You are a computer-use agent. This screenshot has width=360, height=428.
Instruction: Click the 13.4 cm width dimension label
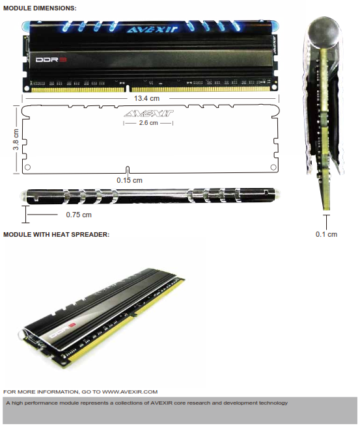coord(146,98)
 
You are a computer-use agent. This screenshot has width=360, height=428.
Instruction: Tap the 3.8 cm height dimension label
coord(16,139)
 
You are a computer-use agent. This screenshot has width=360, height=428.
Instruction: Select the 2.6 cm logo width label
coord(148,123)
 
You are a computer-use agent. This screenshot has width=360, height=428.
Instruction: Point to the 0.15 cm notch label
coord(130,180)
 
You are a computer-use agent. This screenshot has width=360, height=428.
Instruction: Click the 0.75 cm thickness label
coord(79,215)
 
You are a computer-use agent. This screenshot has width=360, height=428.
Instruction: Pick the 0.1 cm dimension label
coord(326,234)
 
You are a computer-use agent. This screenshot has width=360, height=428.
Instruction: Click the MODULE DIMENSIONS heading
coord(40,8)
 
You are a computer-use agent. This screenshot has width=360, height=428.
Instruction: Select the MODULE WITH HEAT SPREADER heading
coord(56,234)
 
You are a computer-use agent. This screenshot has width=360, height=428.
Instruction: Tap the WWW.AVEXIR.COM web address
coord(130,392)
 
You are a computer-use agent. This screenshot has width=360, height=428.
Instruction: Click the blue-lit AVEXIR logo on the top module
coord(152,29)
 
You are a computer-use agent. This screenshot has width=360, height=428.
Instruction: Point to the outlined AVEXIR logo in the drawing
coord(148,113)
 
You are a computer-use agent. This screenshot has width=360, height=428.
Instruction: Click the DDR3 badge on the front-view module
coord(51,59)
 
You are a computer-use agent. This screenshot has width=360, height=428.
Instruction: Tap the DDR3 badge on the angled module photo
coord(62,330)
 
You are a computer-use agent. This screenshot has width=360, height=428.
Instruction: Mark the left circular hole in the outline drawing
coord(27,167)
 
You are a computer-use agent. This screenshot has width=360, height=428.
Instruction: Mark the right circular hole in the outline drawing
coord(273,167)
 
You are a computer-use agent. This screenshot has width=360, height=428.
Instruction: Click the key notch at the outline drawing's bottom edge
coord(128,170)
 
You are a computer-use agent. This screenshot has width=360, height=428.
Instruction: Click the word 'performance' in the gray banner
coord(41,403)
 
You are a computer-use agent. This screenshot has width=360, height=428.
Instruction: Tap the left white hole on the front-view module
coord(27,88)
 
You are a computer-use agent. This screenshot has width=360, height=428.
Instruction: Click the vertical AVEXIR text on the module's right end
coord(275,45)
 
